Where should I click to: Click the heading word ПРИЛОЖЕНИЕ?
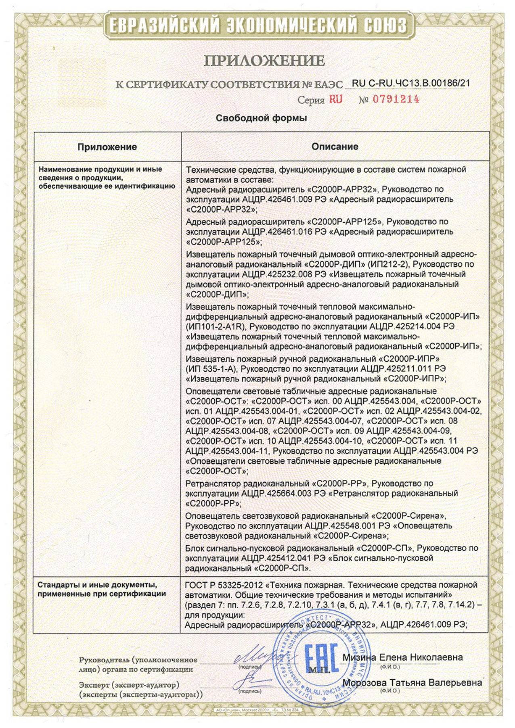(264, 61)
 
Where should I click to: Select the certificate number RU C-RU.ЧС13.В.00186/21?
(411, 84)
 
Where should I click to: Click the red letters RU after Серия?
(335, 99)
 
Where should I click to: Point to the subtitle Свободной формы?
(261, 118)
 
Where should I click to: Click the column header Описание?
(335, 146)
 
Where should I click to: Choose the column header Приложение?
(107, 147)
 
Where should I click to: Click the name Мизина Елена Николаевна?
(402, 657)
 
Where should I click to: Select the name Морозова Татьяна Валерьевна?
(412, 682)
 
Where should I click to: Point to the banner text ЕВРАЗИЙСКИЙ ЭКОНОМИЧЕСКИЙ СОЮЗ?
(258, 26)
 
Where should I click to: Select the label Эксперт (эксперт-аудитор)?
(129, 685)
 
